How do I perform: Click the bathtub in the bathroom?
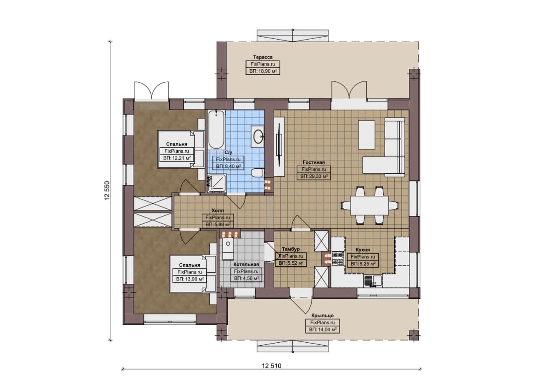pyautogui.click(x=216, y=129)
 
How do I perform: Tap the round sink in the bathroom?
pyautogui.click(x=258, y=136)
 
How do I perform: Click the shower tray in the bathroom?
pyautogui.click(x=217, y=183)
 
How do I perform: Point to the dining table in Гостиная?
pyautogui.click(x=370, y=205)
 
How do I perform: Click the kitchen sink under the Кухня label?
pyautogui.click(x=373, y=281)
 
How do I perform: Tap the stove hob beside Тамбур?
pyautogui.click(x=338, y=259)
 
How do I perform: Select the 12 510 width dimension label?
pyautogui.click(x=272, y=366)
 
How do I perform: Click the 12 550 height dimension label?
pyautogui.click(x=107, y=191)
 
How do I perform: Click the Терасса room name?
pyautogui.click(x=263, y=57)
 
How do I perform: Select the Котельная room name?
pyautogui.click(x=246, y=264)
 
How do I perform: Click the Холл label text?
pyautogui.click(x=218, y=210)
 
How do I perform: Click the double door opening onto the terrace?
pyautogui.click(x=349, y=90)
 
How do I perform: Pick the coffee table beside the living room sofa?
pyautogui.click(x=367, y=135)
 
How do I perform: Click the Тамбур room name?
pyautogui.click(x=291, y=249)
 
